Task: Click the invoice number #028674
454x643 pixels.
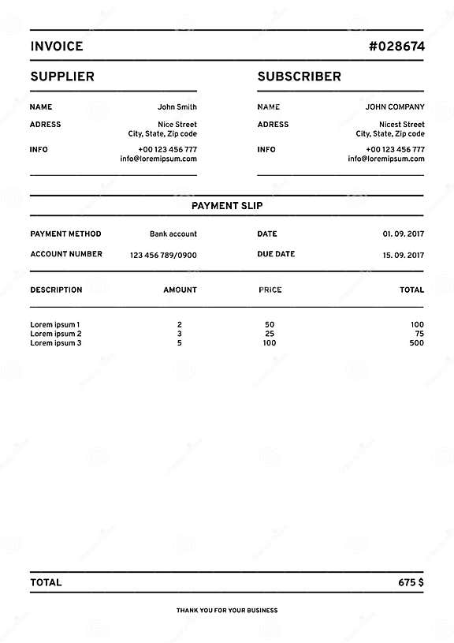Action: [396, 46]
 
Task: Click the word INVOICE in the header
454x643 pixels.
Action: [57, 46]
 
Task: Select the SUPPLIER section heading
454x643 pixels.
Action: [62, 77]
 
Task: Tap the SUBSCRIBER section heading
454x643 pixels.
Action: [300, 77]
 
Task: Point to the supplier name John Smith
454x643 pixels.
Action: [177, 107]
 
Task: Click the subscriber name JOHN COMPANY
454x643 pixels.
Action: [395, 107]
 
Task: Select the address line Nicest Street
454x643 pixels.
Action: [402, 125]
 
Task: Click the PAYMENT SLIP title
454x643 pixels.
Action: [227, 206]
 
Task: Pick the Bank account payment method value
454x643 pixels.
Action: [173, 234]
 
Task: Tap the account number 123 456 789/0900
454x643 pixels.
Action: [163, 255]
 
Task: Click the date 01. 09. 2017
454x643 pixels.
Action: [404, 234]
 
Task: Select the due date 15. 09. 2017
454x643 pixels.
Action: [404, 255]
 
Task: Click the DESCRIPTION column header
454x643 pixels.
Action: [56, 290]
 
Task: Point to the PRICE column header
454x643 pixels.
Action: [270, 290]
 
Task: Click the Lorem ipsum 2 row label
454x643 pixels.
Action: [56, 334]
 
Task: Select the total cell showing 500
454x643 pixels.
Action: [417, 343]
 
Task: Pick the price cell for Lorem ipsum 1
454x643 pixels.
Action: [270, 324]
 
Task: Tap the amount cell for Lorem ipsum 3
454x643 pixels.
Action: [180, 343]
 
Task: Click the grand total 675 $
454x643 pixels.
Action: [411, 583]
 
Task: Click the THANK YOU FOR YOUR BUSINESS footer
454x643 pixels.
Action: [227, 611]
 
